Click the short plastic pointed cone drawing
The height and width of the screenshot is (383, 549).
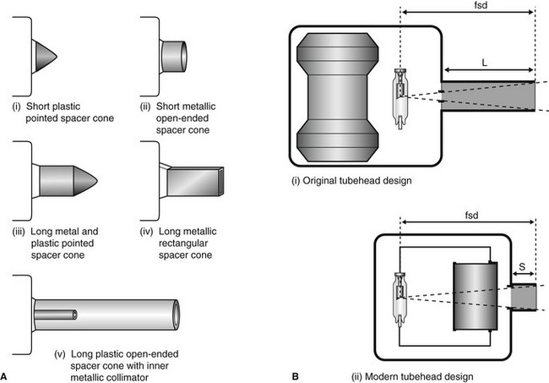click(x=44, y=57)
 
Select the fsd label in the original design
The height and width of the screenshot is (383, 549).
click(x=468, y=8)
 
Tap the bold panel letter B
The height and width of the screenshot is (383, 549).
click(x=293, y=372)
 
